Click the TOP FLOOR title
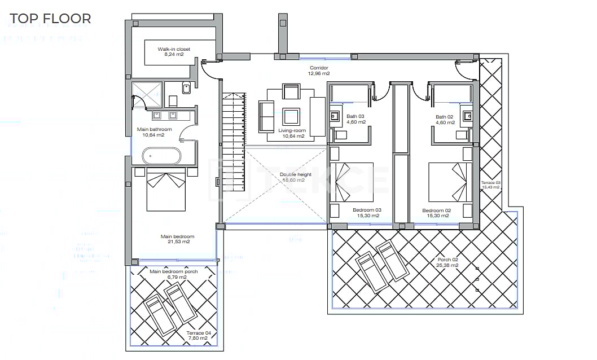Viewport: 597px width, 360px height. (x=50, y=18)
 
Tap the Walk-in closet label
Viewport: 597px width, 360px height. (x=174, y=52)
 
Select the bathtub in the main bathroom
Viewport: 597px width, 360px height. (x=163, y=156)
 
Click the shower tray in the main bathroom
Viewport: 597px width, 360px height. (x=147, y=94)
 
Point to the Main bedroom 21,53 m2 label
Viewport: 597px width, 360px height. (x=177, y=239)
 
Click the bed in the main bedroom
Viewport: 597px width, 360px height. (x=166, y=190)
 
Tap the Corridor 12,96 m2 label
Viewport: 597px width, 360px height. (x=319, y=71)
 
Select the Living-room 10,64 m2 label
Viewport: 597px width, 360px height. (x=292, y=133)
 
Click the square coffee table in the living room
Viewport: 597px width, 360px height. (x=291, y=116)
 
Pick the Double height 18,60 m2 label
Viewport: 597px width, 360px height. (x=296, y=177)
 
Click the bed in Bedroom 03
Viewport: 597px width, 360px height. (x=354, y=182)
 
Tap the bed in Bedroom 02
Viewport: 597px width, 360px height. (x=448, y=182)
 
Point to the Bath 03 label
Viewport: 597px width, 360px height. (x=355, y=120)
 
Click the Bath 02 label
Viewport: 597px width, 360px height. (x=445, y=120)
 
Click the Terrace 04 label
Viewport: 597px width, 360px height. (x=199, y=335)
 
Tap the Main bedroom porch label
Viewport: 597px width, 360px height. (x=173, y=274)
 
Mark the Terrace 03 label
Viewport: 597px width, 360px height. (x=490, y=185)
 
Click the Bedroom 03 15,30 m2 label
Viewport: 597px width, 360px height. (x=367, y=213)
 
